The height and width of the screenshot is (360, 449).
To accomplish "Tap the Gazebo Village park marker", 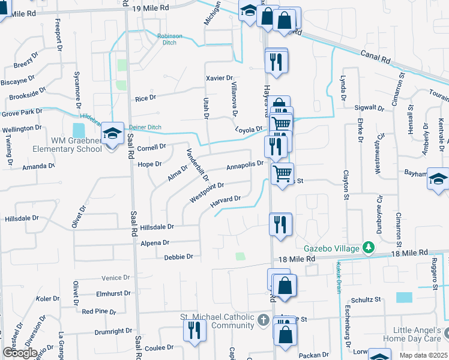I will pos(369,247).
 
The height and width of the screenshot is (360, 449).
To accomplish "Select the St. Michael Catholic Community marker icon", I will pos(263,320).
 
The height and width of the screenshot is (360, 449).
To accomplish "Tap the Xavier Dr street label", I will pos(218,78).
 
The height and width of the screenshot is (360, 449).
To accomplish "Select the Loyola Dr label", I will pos(249,130).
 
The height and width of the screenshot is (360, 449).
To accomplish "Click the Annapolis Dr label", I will pos(245,164).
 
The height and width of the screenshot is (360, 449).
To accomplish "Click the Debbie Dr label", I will pos(178,257).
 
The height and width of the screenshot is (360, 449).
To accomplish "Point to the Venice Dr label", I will pos(116,278).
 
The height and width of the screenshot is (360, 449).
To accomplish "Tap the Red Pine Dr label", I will pos(99,311).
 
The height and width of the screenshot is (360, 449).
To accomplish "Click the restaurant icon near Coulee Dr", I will pos(194,331).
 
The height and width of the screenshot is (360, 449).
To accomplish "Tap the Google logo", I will pos(20,353).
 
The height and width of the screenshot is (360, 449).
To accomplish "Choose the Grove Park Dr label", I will pos(22,112).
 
